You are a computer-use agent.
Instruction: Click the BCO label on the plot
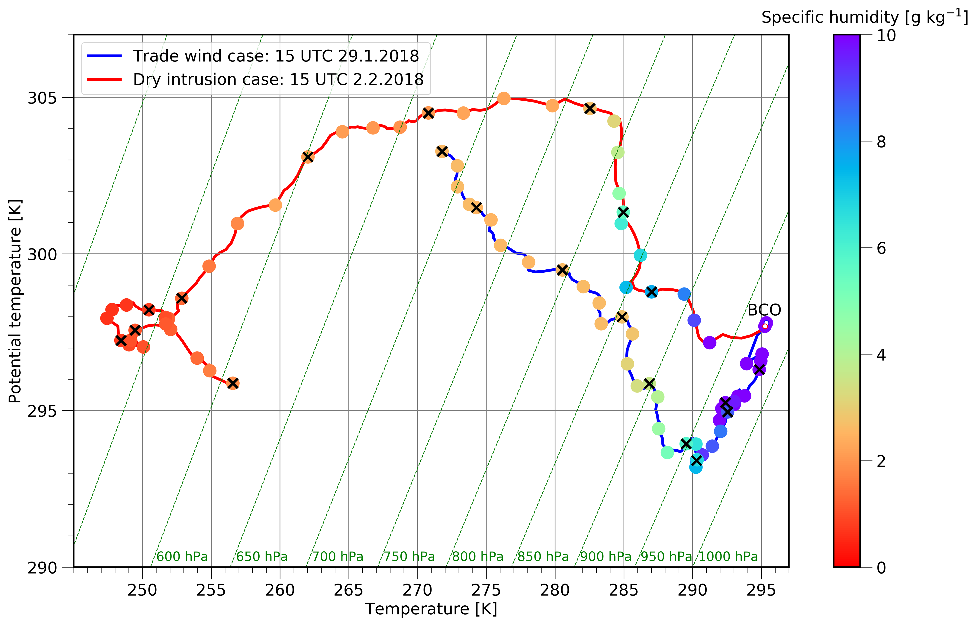(764, 310)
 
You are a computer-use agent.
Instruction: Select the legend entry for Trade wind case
(275, 56)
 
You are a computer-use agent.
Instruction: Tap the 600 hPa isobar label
(182, 556)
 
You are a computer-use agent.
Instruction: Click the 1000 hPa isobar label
(728, 556)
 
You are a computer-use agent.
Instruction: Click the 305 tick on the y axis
(42, 98)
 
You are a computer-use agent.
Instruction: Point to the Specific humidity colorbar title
(864, 17)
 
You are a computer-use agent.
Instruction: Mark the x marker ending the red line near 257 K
(233, 383)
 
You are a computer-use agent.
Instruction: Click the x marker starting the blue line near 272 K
(442, 152)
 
